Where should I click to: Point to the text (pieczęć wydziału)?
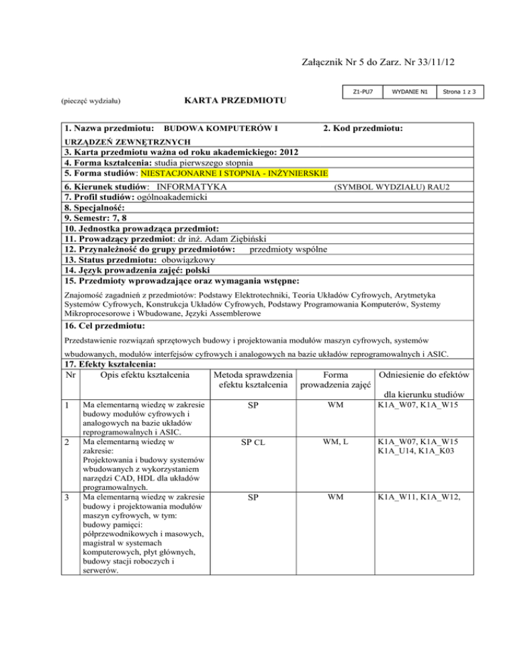93,103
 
